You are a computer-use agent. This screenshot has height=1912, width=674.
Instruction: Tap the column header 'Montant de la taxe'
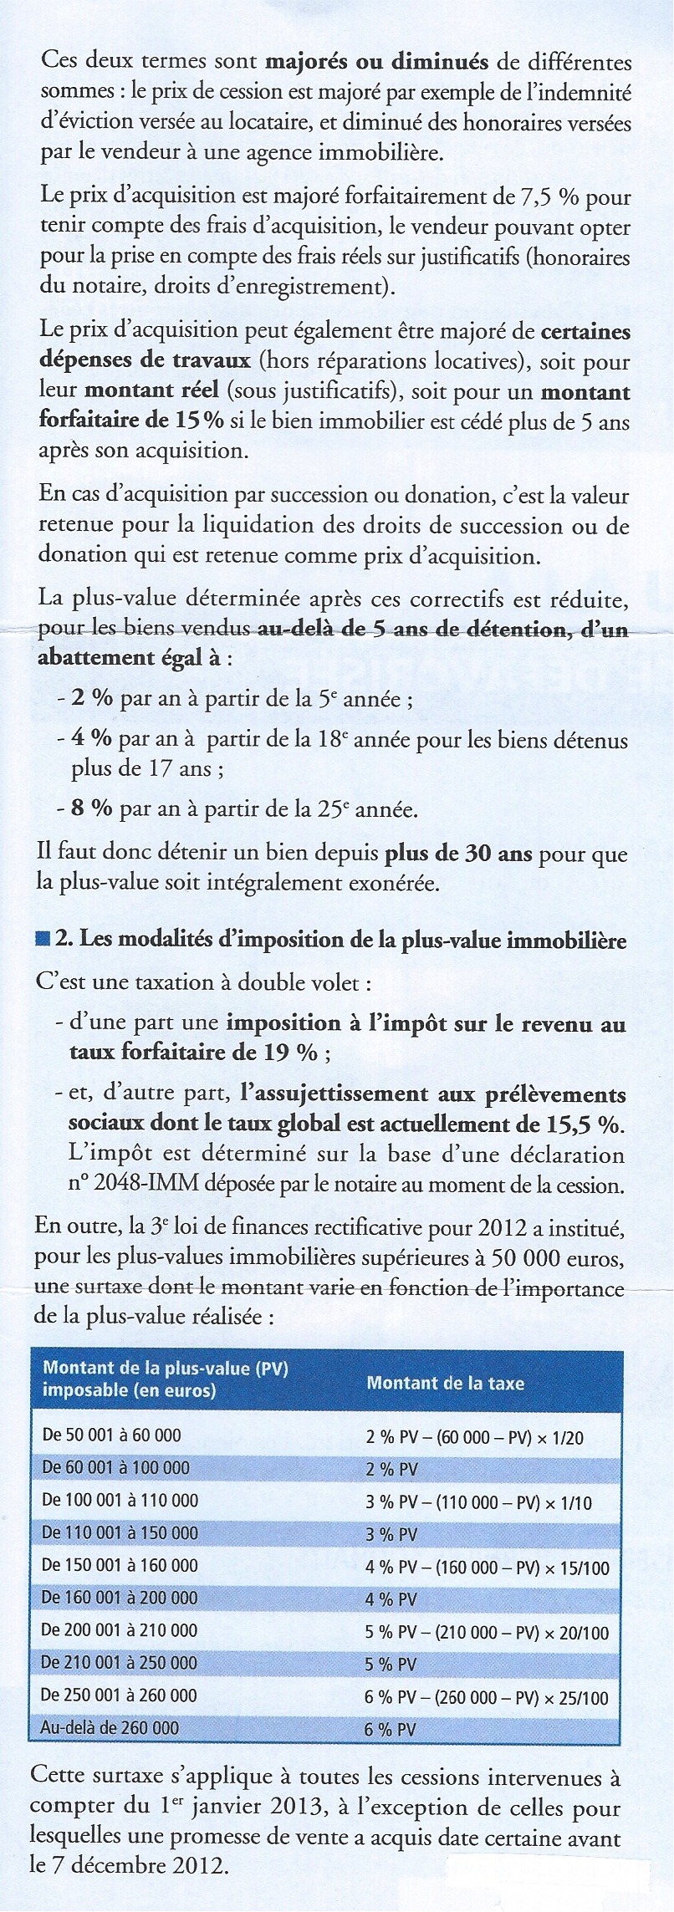coord(445,1383)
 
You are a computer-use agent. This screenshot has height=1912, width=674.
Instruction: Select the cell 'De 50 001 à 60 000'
coord(111,1435)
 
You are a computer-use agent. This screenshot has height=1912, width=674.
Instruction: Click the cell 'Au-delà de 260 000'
coord(110,1727)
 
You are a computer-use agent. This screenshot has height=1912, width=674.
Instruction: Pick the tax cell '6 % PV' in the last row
coord(390,1730)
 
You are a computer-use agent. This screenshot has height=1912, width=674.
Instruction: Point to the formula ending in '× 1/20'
coord(474,1437)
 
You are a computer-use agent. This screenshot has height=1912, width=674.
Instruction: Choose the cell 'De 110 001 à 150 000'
coord(120,1532)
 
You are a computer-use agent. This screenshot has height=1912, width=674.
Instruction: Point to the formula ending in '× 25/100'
coord(487,1698)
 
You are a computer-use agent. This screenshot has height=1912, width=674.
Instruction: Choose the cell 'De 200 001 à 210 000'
coord(120,1630)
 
